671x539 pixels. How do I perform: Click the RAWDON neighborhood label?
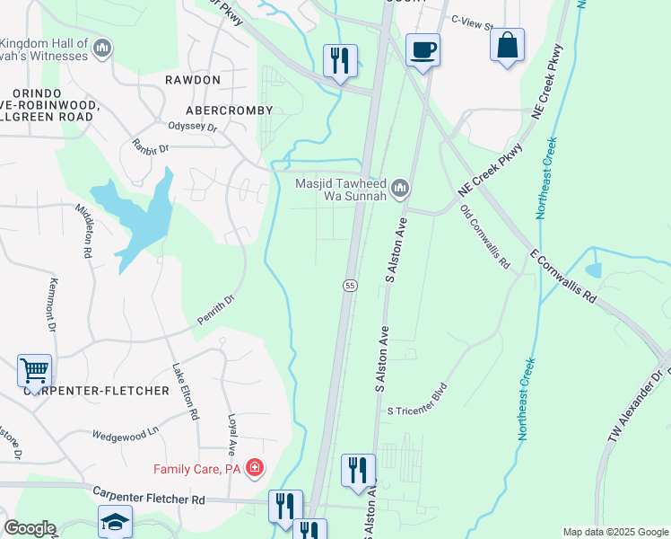[x=193, y=80]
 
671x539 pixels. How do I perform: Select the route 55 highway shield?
[x=350, y=285]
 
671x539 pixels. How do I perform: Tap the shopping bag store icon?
[x=507, y=45]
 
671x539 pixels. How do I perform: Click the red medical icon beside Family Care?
[x=255, y=468]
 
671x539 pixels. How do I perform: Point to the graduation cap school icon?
[x=115, y=522]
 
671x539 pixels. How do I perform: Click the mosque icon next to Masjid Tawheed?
[x=400, y=188]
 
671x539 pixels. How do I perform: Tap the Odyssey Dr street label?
[x=193, y=128]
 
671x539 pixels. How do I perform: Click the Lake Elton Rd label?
[x=185, y=393]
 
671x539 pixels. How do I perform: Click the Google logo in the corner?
[x=30, y=528]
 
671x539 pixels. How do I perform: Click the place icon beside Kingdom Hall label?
[x=101, y=47]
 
